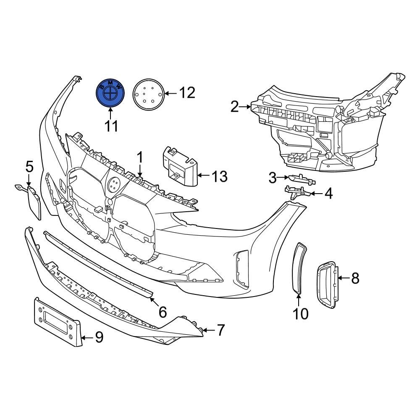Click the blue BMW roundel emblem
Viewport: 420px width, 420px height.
click(110, 93)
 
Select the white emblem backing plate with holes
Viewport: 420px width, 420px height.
click(148, 94)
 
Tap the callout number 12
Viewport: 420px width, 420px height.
click(187, 93)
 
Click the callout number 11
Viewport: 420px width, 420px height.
click(111, 126)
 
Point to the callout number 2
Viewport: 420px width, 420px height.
click(235, 107)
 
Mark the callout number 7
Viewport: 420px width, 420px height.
click(220, 330)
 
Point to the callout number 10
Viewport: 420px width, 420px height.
click(301, 314)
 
